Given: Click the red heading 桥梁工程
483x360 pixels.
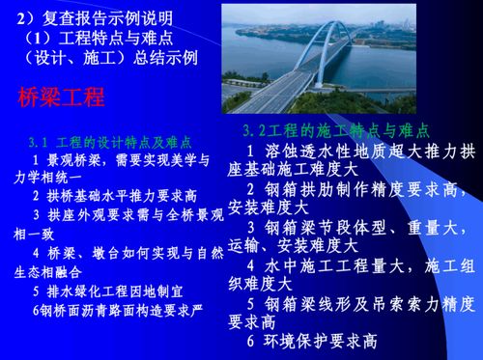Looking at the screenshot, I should click(62, 97).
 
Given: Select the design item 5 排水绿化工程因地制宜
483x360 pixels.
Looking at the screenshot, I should click(108, 291).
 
